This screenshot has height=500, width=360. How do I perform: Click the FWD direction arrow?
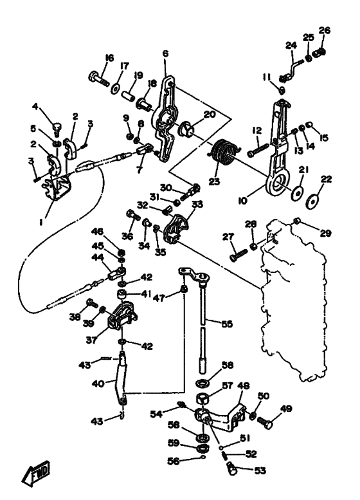[x=36, y=473]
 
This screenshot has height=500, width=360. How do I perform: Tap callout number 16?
[x=109, y=58]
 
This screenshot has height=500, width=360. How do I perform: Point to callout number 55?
[x=227, y=324]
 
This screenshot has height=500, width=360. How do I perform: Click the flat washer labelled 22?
[x=313, y=201]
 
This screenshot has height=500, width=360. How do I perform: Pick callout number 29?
[x=325, y=233]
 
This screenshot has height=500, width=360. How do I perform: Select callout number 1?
[x=41, y=222]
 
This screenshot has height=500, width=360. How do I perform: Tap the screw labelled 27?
[x=239, y=255]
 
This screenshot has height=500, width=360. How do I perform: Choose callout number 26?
[x=325, y=30]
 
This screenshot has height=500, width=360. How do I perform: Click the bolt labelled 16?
[x=99, y=79]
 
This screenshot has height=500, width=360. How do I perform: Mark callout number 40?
[x=98, y=384]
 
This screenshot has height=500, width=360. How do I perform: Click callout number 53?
[x=260, y=470]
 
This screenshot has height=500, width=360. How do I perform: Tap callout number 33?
[x=197, y=205]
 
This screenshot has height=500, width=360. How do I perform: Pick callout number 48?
[x=244, y=386]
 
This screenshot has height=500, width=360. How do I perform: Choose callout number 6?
[x=165, y=53]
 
